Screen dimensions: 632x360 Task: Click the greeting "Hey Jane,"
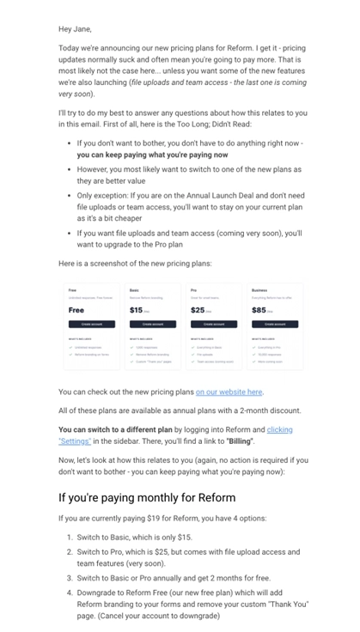[75, 28]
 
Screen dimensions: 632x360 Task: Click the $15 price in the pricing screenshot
[137, 310]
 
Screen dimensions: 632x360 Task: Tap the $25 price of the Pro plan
[198, 310]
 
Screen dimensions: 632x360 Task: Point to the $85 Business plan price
[259, 310]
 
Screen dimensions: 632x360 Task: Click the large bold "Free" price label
[76, 310]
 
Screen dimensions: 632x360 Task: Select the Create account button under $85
[274, 325]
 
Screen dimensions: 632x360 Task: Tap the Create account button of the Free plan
[91, 325]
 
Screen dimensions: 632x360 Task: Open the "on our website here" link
[229, 392]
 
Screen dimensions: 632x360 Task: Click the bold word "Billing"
[239, 441]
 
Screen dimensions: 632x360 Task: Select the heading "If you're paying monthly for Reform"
[147, 497]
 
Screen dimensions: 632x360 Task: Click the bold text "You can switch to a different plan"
[115, 429]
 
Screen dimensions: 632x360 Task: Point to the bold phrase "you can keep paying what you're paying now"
[152, 155]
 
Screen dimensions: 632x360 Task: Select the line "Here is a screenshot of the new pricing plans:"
[134, 263]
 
